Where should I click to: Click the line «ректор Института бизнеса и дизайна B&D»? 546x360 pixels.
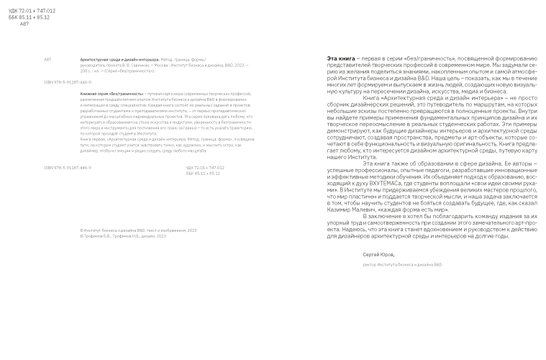click(401, 264)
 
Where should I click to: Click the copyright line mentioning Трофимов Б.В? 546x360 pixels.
click(123, 235)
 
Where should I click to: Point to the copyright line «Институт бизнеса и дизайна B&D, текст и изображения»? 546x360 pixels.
click(138, 230)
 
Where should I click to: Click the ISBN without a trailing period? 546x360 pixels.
click(68, 167)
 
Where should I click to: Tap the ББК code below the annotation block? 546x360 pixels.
click(203, 173)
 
